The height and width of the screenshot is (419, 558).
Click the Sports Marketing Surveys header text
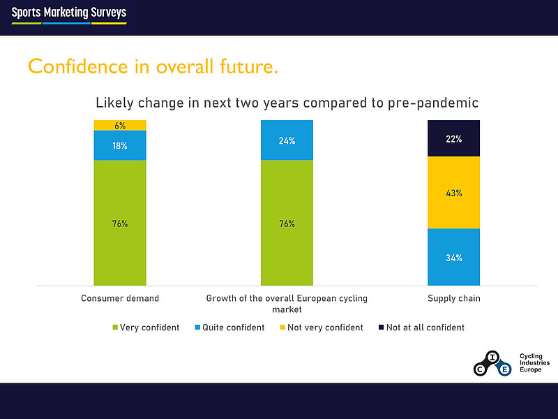tap(69, 13)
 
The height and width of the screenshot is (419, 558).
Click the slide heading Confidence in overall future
tap(153, 66)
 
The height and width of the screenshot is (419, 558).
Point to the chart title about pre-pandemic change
tap(287, 103)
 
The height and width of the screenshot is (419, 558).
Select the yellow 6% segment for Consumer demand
tap(120, 126)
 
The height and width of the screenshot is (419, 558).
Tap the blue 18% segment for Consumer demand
tap(120, 145)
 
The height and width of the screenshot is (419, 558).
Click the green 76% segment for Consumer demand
tap(120, 223)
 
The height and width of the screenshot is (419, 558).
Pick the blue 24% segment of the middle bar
tap(287, 140)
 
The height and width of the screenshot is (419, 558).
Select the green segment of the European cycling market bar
tap(287, 223)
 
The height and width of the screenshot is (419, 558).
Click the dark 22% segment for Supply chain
tap(453, 138)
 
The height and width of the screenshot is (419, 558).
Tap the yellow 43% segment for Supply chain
tap(453, 193)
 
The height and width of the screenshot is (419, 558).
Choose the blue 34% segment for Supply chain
tap(453, 258)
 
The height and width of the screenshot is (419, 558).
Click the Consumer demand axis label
tap(120, 298)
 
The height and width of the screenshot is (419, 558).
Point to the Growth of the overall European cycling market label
tap(287, 303)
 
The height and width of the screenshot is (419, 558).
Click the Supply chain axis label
tap(453, 298)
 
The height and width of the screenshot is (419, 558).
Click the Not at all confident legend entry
tap(420, 327)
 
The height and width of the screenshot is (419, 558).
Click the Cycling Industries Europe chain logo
tap(492, 363)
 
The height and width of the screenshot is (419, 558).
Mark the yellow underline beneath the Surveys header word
tap(109, 23)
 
